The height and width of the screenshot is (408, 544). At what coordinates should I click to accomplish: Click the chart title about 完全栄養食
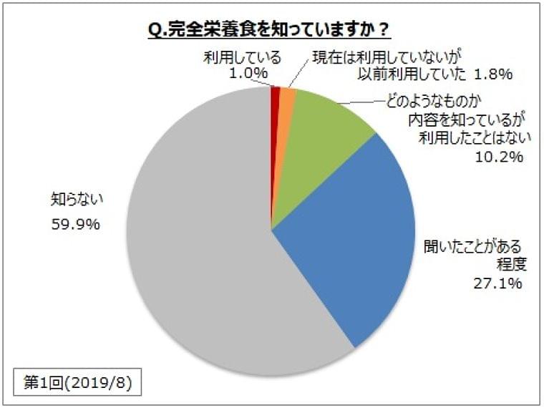click(269, 31)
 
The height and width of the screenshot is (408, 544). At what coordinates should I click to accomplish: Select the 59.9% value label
click(74, 224)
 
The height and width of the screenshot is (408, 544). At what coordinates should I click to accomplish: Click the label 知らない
click(70, 194)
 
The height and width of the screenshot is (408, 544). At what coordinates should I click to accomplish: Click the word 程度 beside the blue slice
click(511, 264)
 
